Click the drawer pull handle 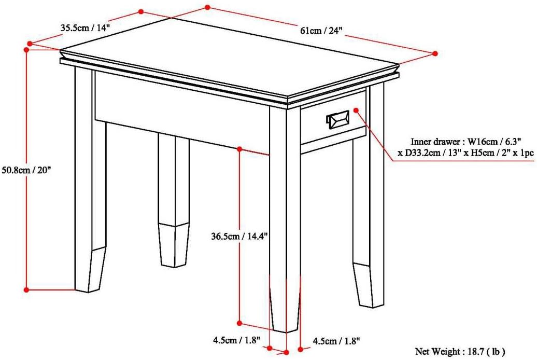click(338, 119)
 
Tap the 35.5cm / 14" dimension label click(86, 27)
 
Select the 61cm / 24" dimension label click(321, 31)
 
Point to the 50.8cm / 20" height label click(26, 170)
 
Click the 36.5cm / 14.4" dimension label click(239, 236)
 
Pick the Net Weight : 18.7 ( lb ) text click(460, 351)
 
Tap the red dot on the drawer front click(356, 110)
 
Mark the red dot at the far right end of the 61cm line click(435, 53)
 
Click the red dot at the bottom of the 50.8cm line click(26, 290)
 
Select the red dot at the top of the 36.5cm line click(239, 149)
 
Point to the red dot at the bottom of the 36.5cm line click(239, 323)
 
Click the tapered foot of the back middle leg click(174, 245)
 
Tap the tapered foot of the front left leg click(91, 269)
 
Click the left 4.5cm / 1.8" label click(236, 340)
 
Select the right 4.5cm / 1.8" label click(336, 341)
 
